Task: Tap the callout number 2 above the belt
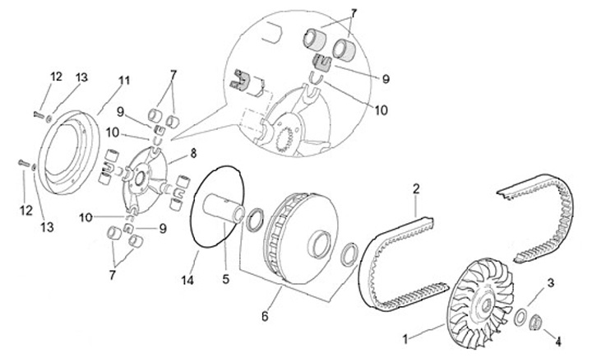coord(416,188)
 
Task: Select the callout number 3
coord(551,282)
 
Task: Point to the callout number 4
coord(558,342)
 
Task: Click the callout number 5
coord(226,279)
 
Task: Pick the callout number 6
coord(265,316)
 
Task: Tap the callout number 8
coord(193,154)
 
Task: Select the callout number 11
coord(124,81)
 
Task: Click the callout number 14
coord(187,280)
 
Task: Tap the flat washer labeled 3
coord(522,316)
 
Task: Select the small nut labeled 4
coord(536,323)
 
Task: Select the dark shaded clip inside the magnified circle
coord(322,63)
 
